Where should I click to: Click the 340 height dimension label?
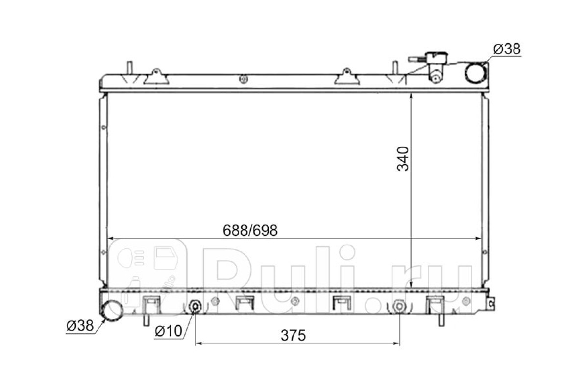[x=403, y=159]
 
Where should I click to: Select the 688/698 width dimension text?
[x=250, y=230]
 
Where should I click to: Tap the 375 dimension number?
[x=293, y=335]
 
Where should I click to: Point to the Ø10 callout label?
[x=168, y=331]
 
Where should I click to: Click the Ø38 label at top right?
[x=507, y=49]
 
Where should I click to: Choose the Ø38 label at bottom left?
[x=80, y=326]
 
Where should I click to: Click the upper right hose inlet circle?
[x=476, y=73]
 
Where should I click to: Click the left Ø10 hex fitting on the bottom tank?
[x=195, y=306]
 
